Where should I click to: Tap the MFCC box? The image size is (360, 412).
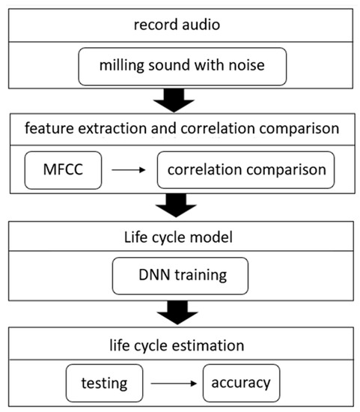(x=62, y=169)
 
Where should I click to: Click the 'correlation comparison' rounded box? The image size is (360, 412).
(x=245, y=169)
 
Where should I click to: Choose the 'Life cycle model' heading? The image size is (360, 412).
(x=180, y=239)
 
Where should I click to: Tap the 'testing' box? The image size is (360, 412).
(x=104, y=383)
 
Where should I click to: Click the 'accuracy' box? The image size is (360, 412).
(x=241, y=383)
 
